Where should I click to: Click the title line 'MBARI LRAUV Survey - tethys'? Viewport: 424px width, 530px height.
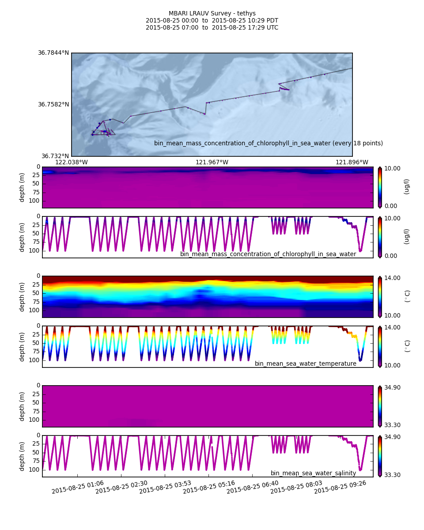[x=212, y=14]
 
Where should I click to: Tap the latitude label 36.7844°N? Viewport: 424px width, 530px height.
[x=53, y=53]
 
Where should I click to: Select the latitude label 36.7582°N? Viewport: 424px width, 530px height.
[x=53, y=105]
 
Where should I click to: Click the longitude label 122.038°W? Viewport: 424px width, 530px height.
[x=71, y=162]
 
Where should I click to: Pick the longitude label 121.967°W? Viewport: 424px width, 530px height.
[x=212, y=162]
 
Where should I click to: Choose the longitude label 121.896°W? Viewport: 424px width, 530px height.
[x=352, y=162]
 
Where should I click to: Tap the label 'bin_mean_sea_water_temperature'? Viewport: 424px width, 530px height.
[x=305, y=363]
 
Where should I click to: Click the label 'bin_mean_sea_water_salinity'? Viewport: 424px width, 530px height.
[x=313, y=473]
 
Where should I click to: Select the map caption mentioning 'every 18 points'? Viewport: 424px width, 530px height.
[x=268, y=143]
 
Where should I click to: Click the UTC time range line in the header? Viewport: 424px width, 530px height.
[x=212, y=28]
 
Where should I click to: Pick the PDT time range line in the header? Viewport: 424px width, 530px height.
[x=212, y=21]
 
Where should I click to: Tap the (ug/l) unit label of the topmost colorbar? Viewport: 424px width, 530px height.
[x=407, y=186]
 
